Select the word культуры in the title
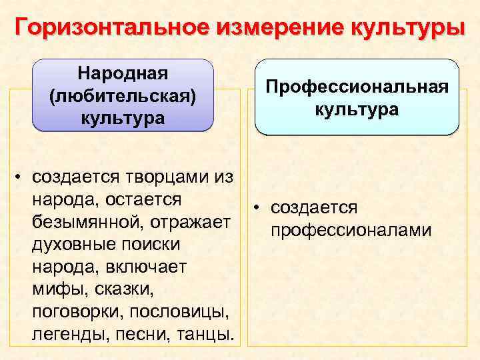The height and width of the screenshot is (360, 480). (x=403, y=28)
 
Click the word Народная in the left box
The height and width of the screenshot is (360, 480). (x=123, y=72)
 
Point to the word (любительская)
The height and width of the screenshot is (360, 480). (x=123, y=95)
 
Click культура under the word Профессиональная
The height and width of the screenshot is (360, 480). (x=357, y=110)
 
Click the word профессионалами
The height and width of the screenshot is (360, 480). (x=351, y=231)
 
